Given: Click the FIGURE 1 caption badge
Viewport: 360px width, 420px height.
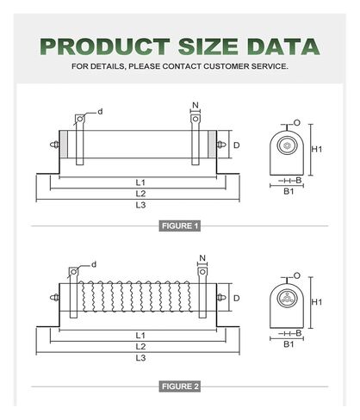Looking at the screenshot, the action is point(180,225).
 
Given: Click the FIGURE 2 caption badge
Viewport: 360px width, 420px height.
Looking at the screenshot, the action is point(180,386).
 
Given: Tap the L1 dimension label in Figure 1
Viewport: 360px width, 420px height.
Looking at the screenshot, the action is point(140,182).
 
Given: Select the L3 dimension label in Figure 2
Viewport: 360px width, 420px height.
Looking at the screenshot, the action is point(140,358).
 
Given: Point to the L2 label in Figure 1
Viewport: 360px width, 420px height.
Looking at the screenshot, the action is point(140,194).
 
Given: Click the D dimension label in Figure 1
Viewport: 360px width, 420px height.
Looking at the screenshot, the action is point(236,145).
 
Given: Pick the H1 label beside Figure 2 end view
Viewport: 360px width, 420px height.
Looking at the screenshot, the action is point(317,302).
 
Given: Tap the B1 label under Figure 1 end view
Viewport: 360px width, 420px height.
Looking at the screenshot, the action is point(289,191).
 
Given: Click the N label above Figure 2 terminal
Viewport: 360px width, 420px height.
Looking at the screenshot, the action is point(202,258).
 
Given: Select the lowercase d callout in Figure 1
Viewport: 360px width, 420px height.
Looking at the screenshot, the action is point(100,112).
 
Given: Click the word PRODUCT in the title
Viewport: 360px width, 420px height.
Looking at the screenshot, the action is point(105,46).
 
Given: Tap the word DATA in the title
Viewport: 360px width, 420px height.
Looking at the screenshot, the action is point(283,46).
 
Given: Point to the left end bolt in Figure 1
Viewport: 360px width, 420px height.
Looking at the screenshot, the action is point(54,145).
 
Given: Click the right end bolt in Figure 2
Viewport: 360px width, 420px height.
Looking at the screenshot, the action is point(221,298).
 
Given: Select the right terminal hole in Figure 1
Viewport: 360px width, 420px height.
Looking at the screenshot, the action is point(196,119).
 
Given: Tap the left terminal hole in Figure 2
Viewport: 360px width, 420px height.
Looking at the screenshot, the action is point(73,272).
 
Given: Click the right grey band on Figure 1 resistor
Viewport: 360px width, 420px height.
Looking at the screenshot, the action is point(212,145).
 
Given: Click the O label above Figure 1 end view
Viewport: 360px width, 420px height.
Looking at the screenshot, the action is point(297,123).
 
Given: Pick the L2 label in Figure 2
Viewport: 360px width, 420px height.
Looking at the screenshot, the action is point(140,347).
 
